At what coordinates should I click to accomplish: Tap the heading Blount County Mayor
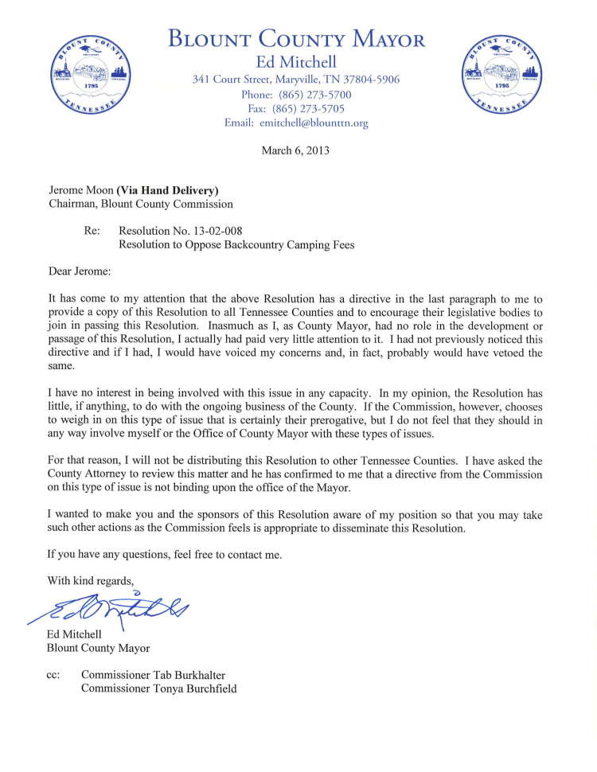(297, 38)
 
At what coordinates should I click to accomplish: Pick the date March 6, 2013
(295, 149)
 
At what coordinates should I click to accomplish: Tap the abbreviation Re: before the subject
(92, 230)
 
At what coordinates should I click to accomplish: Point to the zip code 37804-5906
(367, 80)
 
